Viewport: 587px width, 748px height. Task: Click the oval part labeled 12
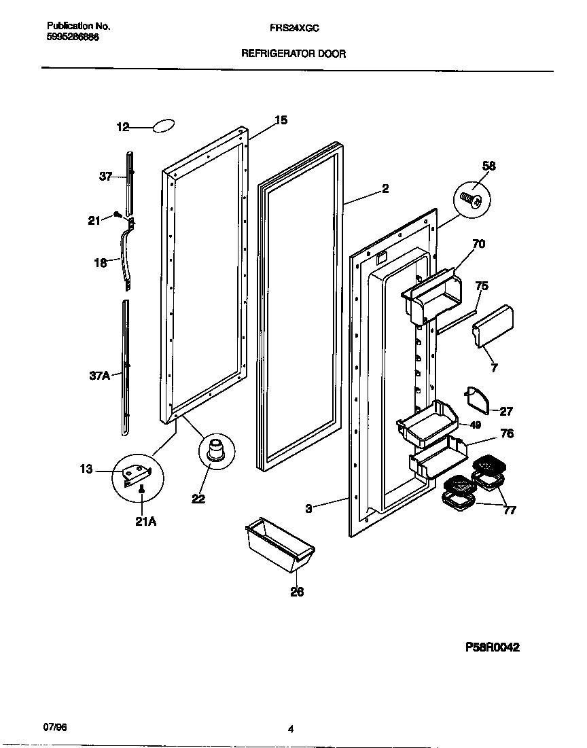pos(163,126)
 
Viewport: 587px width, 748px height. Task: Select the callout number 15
pos(281,120)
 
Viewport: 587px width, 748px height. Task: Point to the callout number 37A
pos(99,374)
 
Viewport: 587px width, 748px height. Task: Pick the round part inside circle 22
pos(216,451)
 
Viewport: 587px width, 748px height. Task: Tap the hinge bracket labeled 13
pos(137,474)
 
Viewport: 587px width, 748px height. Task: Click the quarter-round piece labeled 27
pos(477,399)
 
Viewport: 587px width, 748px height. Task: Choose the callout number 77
pos(509,510)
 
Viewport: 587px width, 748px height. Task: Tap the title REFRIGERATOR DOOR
pos(293,54)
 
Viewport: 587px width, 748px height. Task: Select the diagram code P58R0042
pos(492,647)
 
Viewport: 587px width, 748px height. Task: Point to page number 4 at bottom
pos(290,730)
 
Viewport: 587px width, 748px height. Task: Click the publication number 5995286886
pos(73,37)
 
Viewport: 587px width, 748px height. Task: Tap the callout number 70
pos(478,244)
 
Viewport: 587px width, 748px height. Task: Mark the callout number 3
pos(308,507)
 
